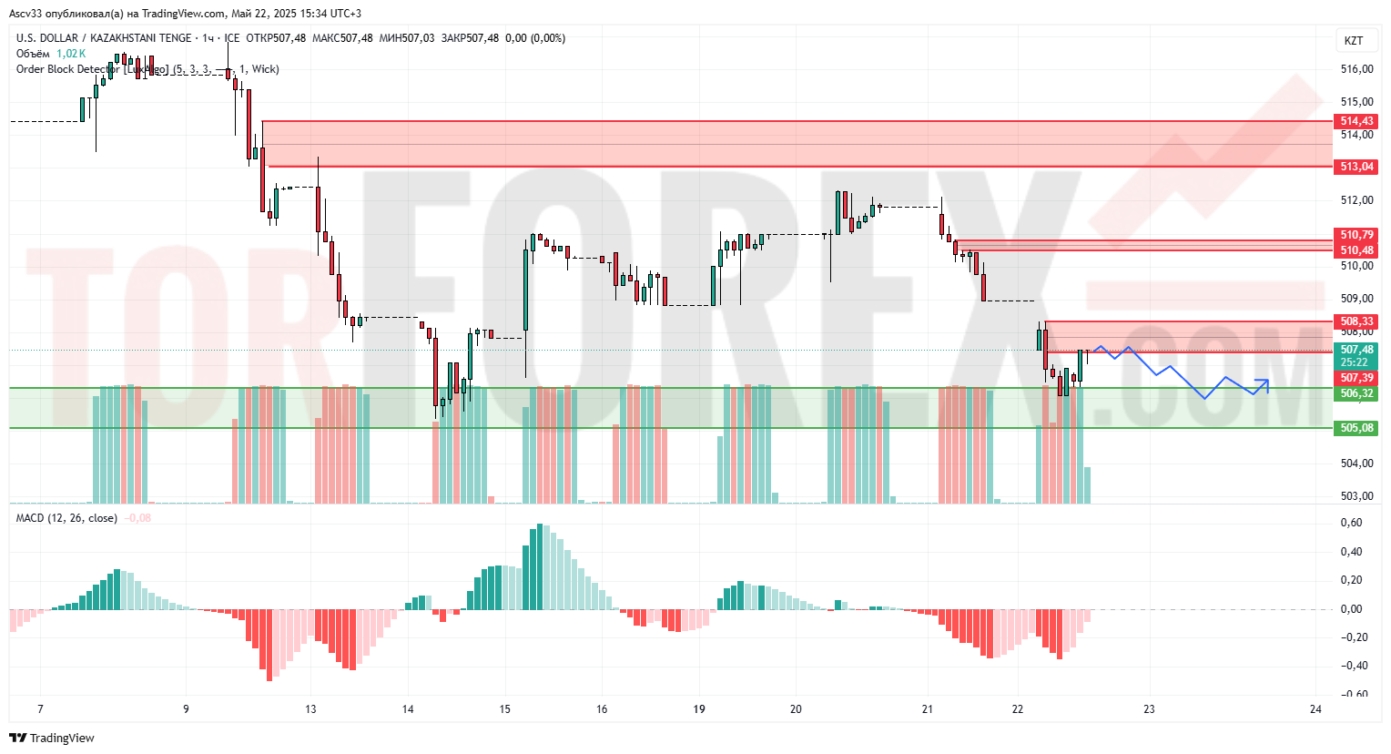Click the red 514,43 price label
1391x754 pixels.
click(x=1356, y=121)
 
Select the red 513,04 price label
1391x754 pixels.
click(x=1356, y=167)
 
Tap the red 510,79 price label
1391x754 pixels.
click(x=1356, y=235)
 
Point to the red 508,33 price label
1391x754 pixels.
click(x=1356, y=321)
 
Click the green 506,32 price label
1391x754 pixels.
click(x=1356, y=393)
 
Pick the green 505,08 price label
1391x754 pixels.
click(x=1356, y=428)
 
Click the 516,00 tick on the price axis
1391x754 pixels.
click(x=1356, y=69)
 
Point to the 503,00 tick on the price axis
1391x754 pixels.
click(x=1356, y=496)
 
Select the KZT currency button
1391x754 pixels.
click(x=1354, y=40)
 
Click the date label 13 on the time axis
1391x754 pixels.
click(x=310, y=709)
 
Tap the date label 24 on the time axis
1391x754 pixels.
click(x=1315, y=709)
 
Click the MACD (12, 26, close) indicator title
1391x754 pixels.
click(x=66, y=518)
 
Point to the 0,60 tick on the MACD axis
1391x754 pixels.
click(x=1352, y=523)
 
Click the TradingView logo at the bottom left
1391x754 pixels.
click(x=52, y=738)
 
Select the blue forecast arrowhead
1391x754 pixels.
click(x=1264, y=382)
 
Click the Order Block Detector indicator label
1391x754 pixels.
click(x=91, y=69)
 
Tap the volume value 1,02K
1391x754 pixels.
click(x=71, y=54)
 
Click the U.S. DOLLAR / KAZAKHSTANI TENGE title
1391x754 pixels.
click(x=104, y=38)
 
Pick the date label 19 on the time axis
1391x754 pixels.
click(x=699, y=709)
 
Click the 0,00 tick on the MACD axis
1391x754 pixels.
click(x=1352, y=609)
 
